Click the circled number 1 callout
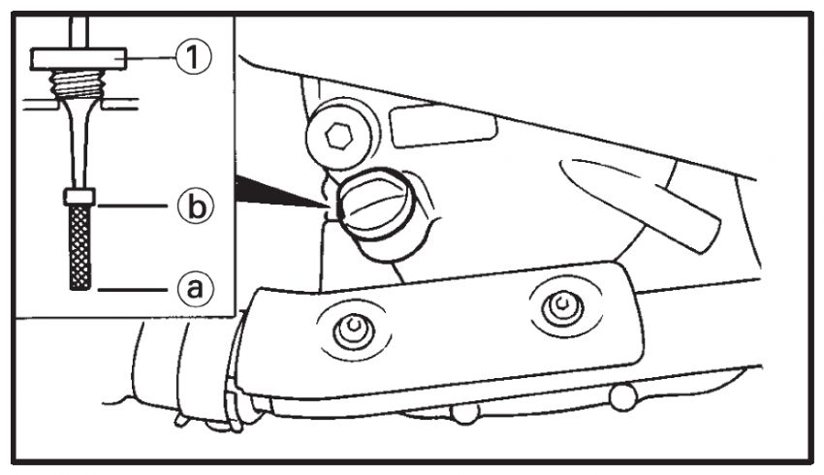(x=193, y=57)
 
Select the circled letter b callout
(x=196, y=206)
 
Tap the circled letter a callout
(x=196, y=289)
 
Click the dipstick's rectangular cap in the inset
(x=78, y=59)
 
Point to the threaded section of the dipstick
(x=77, y=84)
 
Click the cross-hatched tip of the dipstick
(x=79, y=247)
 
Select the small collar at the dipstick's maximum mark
(x=79, y=197)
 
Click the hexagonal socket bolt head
(x=338, y=136)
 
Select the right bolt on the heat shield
(x=563, y=305)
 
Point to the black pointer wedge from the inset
(x=278, y=192)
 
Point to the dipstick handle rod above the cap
(x=79, y=33)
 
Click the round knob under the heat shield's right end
(x=623, y=397)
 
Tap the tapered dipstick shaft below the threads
(x=79, y=142)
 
